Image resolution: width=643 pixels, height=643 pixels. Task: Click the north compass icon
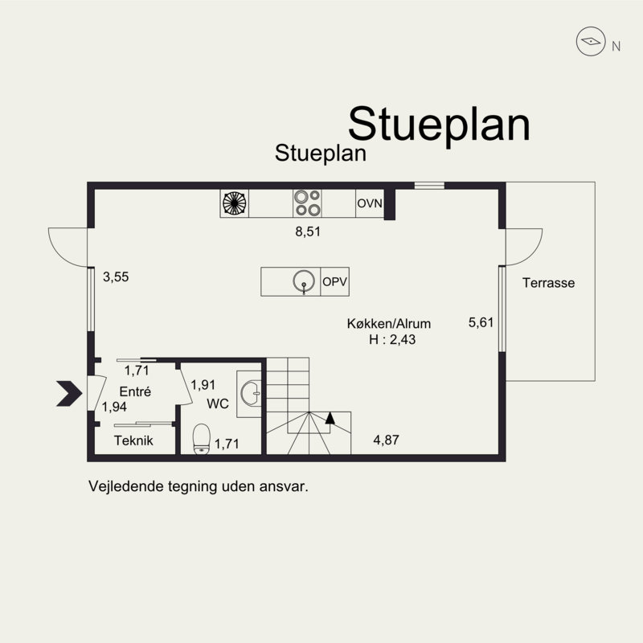[590, 42]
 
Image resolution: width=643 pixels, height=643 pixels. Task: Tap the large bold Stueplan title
[439, 124]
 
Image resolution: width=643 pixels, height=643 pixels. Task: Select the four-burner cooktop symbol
[306, 203]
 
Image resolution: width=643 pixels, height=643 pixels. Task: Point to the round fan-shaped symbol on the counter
[235, 203]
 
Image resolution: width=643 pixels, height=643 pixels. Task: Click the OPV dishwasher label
[334, 282]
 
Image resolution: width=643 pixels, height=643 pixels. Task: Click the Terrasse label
[548, 283]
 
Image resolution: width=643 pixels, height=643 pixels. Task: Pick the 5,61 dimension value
[480, 322]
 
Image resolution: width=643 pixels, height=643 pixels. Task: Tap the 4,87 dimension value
[387, 440]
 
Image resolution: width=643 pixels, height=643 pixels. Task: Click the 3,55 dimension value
[117, 276]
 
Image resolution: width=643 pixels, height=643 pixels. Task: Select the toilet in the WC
[202, 440]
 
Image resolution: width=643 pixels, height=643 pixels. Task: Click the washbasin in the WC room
[250, 392]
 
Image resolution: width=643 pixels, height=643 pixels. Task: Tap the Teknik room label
[133, 440]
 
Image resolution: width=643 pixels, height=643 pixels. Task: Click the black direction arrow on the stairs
[330, 418]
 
